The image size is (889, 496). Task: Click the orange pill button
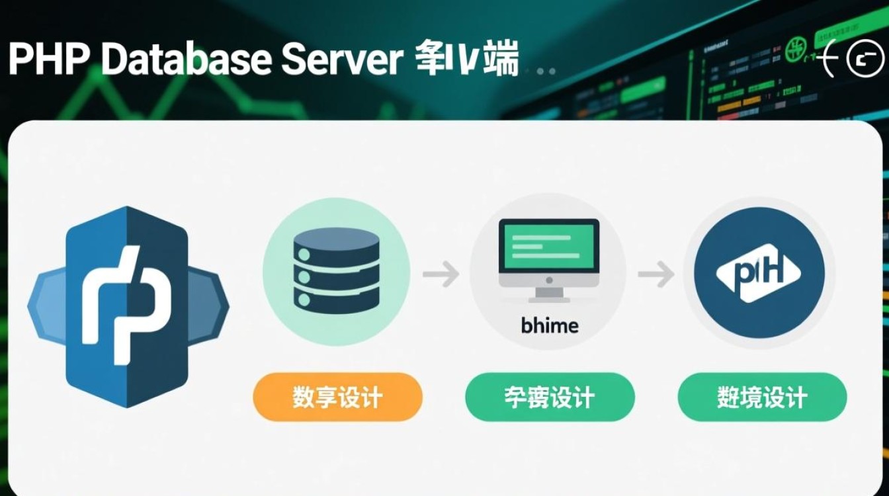click(337, 397)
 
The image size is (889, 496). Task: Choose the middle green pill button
click(549, 397)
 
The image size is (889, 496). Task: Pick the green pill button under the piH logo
click(761, 397)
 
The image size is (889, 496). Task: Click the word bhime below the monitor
click(549, 325)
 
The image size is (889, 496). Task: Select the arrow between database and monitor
click(441, 273)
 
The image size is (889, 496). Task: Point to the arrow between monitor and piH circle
click(655, 273)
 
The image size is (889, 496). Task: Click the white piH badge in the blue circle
click(758, 272)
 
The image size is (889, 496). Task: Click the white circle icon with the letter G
click(865, 60)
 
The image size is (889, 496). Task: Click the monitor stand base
click(549, 297)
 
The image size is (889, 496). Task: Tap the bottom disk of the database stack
click(336, 300)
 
